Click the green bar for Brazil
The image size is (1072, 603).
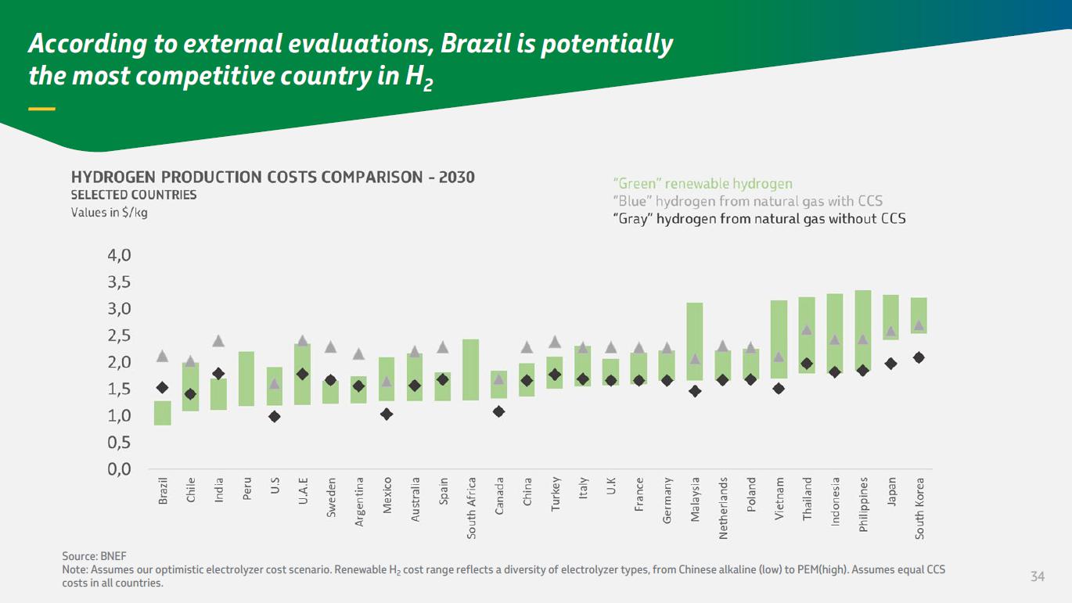(x=163, y=413)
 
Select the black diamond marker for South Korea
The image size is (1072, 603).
(x=919, y=357)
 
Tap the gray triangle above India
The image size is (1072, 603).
(x=219, y=341)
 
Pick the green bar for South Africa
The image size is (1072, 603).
(x=471, y=370)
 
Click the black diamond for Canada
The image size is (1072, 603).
(x=499, y=411)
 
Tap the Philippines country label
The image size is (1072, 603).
(x=863, y=504)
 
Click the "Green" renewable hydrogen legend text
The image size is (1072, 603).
(x=702, y=184)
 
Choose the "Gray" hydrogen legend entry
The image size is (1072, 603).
(x=758, y=219)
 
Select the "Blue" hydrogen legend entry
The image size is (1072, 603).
(x=747, y=201)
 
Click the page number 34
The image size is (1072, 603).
(x=1038, y=577)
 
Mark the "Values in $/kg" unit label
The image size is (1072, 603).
(x=109, y=213)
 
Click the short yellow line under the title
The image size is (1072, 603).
(x=41, y=109)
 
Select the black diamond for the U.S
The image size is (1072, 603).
(x=275, y=417)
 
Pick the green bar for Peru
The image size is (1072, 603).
(x=246, y=379)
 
